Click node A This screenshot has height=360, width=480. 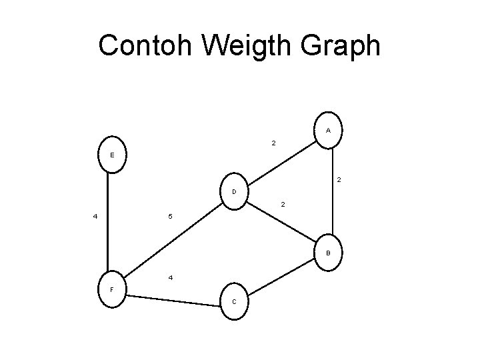pyautogui.click(x=329, y=129)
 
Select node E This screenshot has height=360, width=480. pyautogui.click(x=111, y=155)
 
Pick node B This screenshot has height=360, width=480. pyautogui.click(x=328, y=253)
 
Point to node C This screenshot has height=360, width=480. pyautogui.click(x=235, y=301)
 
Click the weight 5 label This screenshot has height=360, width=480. pyautogui.click(x=170, y=217)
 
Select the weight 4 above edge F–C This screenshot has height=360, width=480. pyautogui.click(x=171, y=277)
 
